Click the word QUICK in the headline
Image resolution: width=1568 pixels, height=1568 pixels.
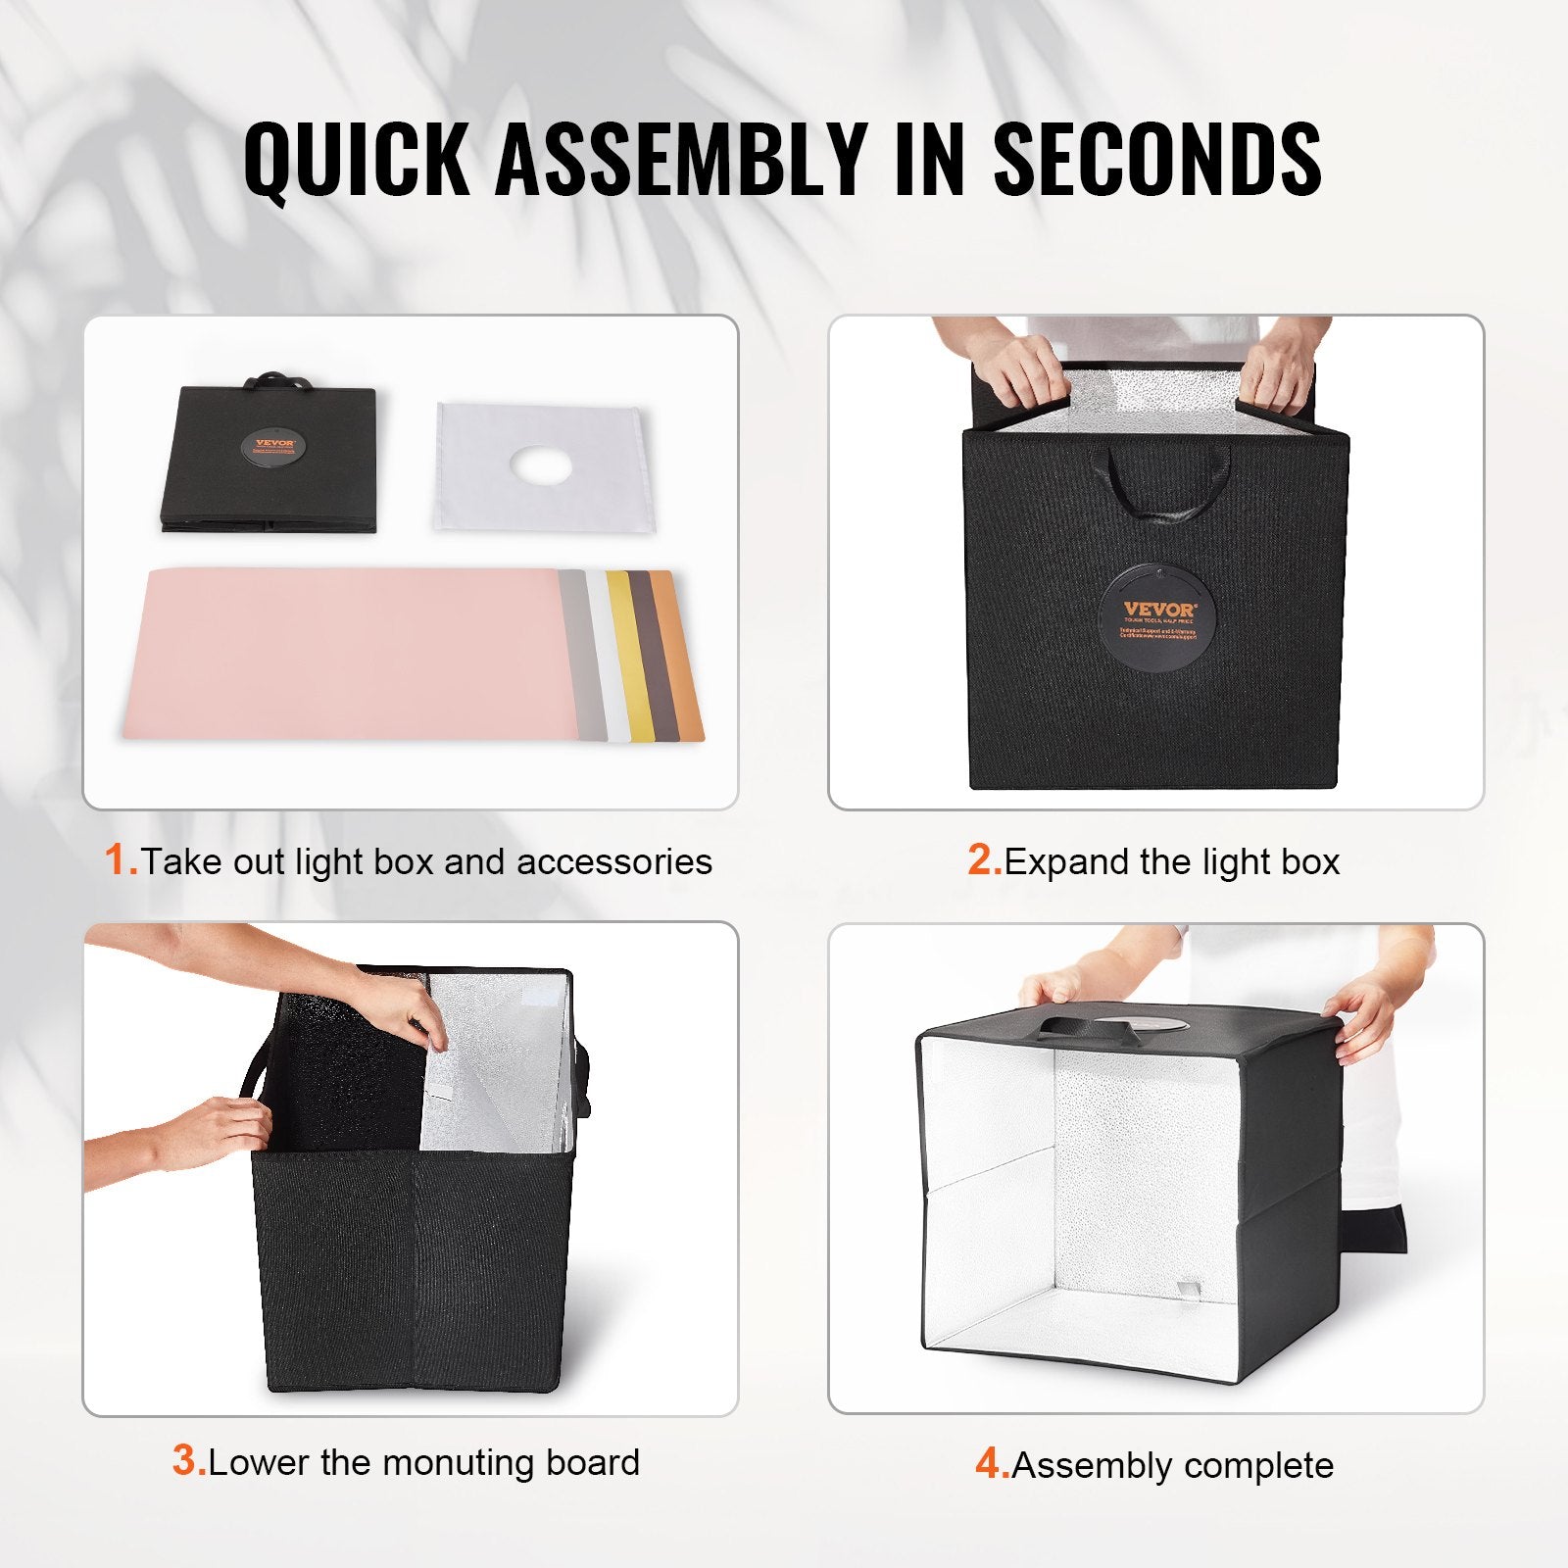point(357,159)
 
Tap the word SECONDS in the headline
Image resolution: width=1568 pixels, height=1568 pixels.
point(1157,159)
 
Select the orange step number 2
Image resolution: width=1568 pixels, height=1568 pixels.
point(984,860)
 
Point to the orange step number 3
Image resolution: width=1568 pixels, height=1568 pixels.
point(188,1461)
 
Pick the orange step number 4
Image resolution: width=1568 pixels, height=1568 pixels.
point(992,1464)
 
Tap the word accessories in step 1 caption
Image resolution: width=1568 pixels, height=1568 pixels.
point(613,861)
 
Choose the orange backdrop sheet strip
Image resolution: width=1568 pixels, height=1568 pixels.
point(682,655)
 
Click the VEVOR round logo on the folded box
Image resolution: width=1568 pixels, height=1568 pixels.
point(273,446)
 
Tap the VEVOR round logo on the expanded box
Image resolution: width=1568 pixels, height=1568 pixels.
point(1157,622)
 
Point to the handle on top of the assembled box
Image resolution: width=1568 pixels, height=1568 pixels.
point(1073,1027)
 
